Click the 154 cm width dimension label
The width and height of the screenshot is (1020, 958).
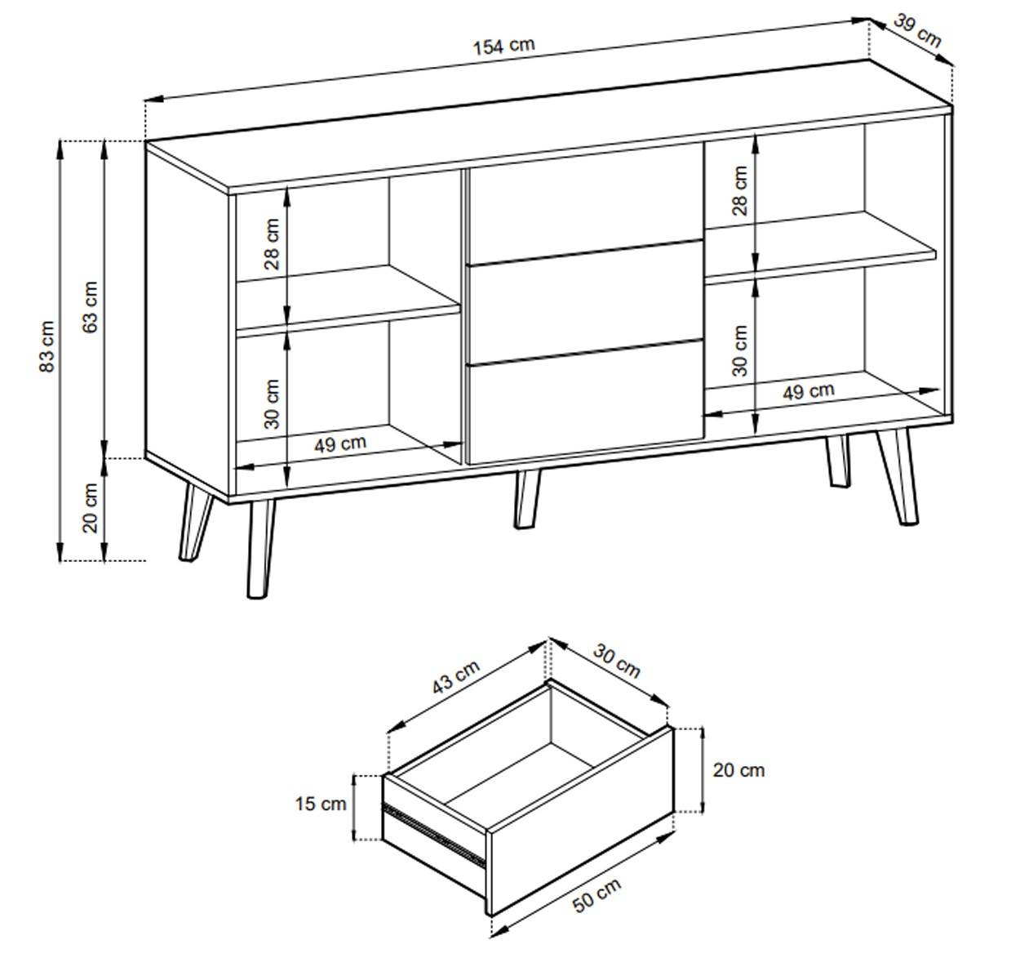click(503, 47)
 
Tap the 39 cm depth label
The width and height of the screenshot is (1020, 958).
click(918, 31)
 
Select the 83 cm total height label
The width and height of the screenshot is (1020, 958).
click(47, 346)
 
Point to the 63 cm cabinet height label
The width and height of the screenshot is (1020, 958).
click(91, 307)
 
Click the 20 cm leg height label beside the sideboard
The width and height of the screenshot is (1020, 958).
click(91, 508)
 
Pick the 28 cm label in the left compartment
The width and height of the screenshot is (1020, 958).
click(272, 244)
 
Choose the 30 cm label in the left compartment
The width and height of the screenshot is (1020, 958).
click(272, 403)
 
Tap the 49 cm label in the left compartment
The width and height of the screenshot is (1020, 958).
click(340, 443)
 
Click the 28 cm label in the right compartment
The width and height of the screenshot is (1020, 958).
click(739, 191)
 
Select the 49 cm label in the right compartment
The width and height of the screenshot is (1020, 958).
click(809, 392)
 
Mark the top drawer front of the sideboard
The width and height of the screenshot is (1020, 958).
click(584, 204)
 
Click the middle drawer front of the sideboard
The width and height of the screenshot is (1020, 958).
click(585, 303)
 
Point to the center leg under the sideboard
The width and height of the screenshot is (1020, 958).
click(527, 498)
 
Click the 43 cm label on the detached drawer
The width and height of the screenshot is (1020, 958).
click(456, 677)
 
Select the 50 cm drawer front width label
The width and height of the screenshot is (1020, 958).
click(596, 895)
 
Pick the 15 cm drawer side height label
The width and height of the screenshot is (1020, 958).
click(321, 804)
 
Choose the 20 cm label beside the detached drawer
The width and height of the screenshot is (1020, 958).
click(738, 770)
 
